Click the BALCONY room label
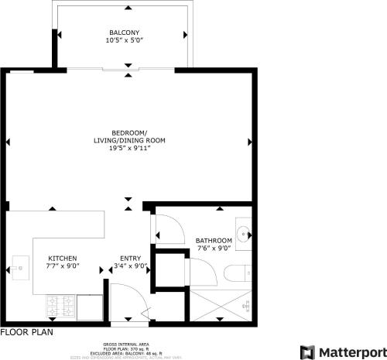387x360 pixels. coord(124,33)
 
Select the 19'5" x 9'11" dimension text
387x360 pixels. coord(128,149)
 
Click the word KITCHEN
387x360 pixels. coord(63,259)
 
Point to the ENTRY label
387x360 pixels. coord(129,259)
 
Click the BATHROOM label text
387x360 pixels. coord(214,240)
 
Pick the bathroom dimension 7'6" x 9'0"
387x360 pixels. coord(214,249)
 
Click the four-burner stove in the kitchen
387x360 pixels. coord(60,307)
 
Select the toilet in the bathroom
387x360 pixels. coord(237,272)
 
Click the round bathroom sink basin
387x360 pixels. coord(243,235)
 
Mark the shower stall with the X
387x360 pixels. coord(221,307)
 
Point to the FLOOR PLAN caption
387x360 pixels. coord(26,331)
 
